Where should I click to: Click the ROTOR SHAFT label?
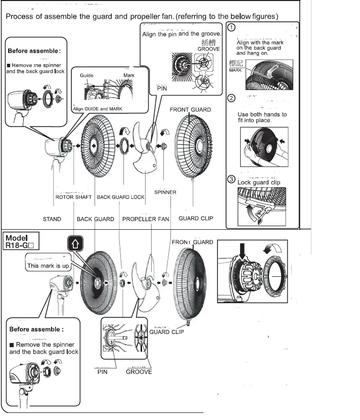click(x=73, y=197)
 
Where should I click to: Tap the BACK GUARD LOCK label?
click(x=120, y=197)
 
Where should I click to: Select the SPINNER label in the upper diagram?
click(x=165, y=192)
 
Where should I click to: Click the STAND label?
click(x=52, y=219)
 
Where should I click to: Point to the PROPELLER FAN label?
click(x=146, y=219)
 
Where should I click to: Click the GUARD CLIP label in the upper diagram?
click(x=196, y=219)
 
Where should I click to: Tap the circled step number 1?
click(x=231, y=28)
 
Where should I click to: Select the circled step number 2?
click(x=231, y=98)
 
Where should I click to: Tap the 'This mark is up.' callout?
click(x=49, y=265)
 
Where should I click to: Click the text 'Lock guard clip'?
click(x=258, y=182)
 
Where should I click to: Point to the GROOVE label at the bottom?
click(x=139, y=372)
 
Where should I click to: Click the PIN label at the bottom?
click(x=103, y=372)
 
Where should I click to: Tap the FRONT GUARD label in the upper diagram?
click(x=190, y=109)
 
